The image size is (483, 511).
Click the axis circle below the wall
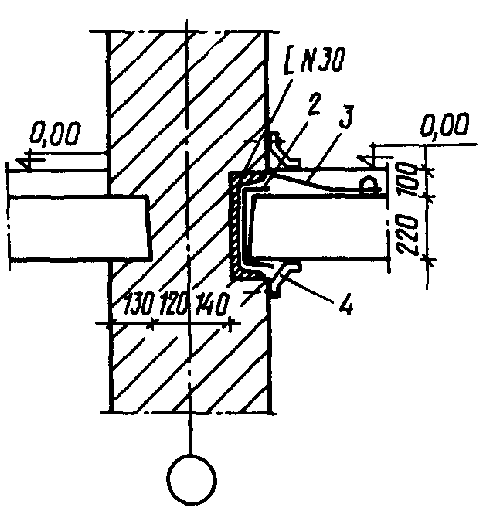tap(192, 480)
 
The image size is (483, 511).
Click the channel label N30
tap(321, 60)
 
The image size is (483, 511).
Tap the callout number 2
tap(313, 104)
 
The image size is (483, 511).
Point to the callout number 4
tap(346, 304)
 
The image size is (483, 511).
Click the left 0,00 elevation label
tap(55, 133)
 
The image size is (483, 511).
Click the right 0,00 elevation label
tap(445, 124)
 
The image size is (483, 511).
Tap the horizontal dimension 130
tap(139, 304)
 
